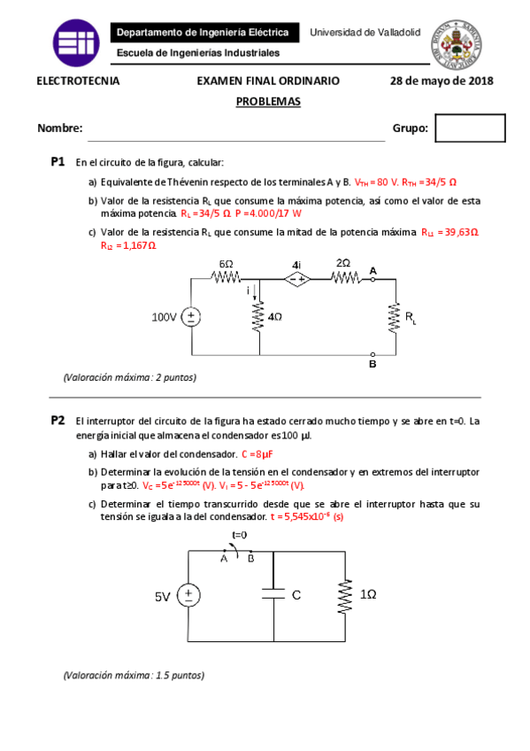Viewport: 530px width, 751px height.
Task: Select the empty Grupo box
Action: [x=470, y=128]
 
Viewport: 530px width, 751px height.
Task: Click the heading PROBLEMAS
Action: [x=268, y=101]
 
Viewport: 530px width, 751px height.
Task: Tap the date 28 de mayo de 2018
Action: [x=441, y=81]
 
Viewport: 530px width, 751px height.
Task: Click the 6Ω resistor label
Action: [x=227, y=264]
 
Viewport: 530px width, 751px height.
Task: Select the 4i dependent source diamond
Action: [x=296, y=279]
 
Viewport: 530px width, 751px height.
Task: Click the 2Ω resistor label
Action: [x=343, y=263]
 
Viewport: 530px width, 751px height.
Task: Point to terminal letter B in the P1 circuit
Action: [x=373, y=364]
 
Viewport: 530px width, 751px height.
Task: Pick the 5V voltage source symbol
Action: [x=188, y=597]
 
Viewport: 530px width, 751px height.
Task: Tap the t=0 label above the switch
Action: [x=239, y=535]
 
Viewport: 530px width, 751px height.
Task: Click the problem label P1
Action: [x=58, y=163]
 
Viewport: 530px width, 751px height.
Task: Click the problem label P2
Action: [x=58, y=421]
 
